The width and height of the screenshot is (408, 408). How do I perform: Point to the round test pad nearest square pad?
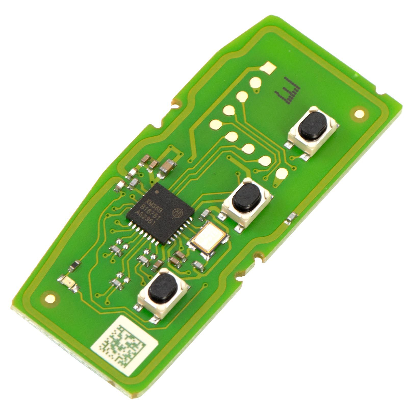click(255, 82)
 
